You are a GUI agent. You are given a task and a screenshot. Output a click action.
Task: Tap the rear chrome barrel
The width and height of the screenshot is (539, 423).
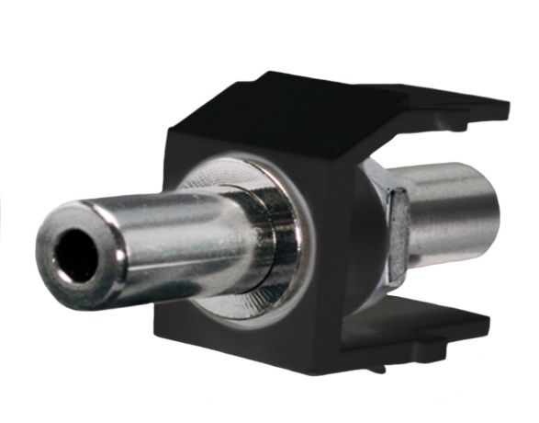click(450, 217)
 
